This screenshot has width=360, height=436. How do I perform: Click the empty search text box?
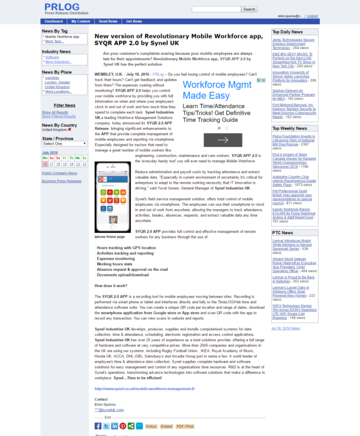216,10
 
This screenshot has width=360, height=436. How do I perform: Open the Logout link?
312,16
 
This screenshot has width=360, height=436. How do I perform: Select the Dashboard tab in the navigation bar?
53,21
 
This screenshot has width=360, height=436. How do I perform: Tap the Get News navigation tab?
134,21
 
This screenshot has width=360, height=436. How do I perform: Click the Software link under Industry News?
52,57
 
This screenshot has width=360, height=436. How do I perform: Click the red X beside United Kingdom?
70,129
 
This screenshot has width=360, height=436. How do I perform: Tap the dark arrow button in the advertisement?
223,140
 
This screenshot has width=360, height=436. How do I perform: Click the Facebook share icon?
98,426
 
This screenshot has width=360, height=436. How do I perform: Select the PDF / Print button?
185,426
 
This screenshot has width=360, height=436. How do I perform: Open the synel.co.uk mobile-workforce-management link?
144,389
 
